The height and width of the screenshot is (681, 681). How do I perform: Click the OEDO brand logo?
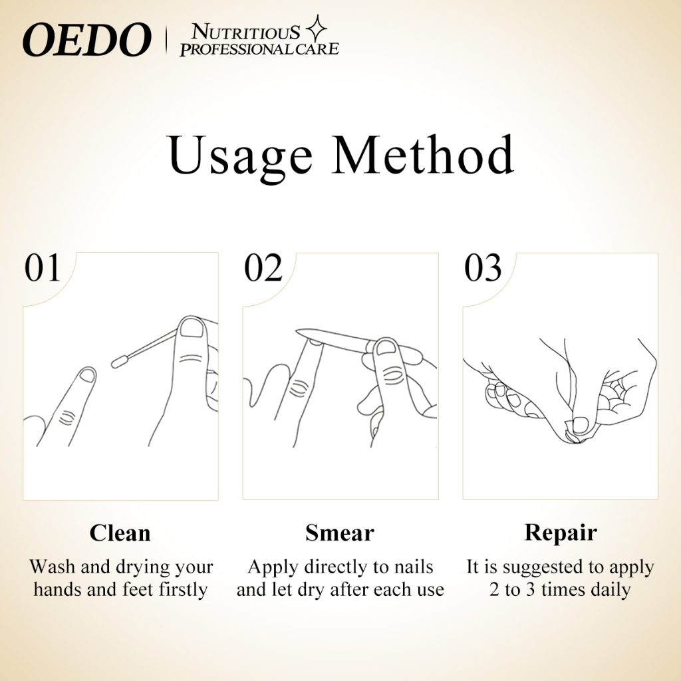pos(87,39)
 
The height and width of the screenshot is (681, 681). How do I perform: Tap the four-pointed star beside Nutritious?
pos(317,29)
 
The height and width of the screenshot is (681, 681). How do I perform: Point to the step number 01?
pos(42,267)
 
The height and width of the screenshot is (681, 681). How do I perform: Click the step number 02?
pos(263,267)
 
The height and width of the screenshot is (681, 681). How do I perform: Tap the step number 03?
pos(483,267)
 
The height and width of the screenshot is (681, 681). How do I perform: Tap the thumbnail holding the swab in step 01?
pos(192,328)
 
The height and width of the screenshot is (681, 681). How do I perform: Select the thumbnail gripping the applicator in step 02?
pos(386,348)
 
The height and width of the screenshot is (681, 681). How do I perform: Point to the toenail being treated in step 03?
pos(580,426)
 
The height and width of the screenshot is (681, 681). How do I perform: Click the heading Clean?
pos(120,533)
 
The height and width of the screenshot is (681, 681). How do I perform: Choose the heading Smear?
pos(340,533)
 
